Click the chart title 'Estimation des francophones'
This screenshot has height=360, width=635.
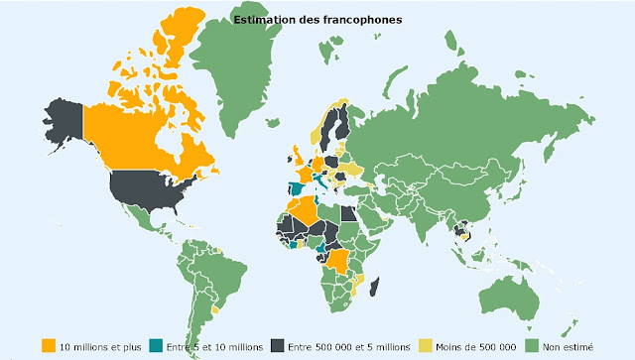click(x=317, y=18)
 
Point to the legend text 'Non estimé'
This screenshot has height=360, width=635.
click(x=572, y=345)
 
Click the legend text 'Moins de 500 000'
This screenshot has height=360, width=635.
click(x=475, y=345)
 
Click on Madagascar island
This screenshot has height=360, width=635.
click(x=375, y=286)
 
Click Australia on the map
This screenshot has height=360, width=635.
click(x=521, y=288)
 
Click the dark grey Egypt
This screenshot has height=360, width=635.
click(x=350, y=213)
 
